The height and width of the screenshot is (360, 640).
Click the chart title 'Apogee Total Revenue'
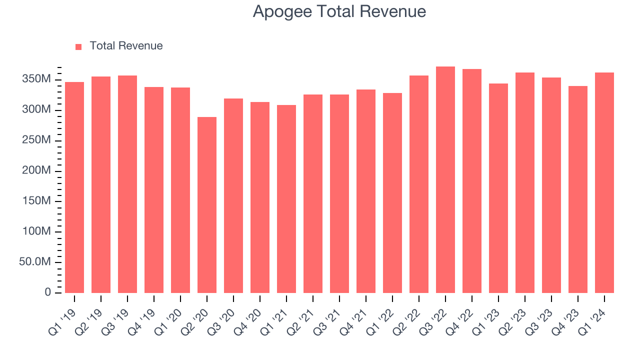coord(339,11)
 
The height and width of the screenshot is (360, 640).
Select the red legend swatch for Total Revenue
coord(78,46)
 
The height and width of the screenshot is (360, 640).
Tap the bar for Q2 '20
coord(207,205)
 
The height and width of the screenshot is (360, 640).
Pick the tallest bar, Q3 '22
coord(445,180)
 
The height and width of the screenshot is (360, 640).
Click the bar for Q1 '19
coord(74,187)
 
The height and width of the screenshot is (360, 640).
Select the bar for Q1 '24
coord(604,182)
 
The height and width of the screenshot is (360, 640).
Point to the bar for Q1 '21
coord(286,199)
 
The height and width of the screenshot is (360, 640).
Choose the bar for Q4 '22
coord(472,181)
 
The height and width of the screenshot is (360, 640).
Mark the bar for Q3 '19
coord(127,184)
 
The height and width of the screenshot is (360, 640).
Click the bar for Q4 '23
coord(578,189)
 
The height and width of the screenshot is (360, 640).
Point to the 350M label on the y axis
coord(36,79)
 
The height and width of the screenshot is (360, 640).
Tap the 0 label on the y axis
coord(48,292)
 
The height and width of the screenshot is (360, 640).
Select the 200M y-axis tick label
coord(36,171)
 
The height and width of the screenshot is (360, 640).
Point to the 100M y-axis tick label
coord(36,232)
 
